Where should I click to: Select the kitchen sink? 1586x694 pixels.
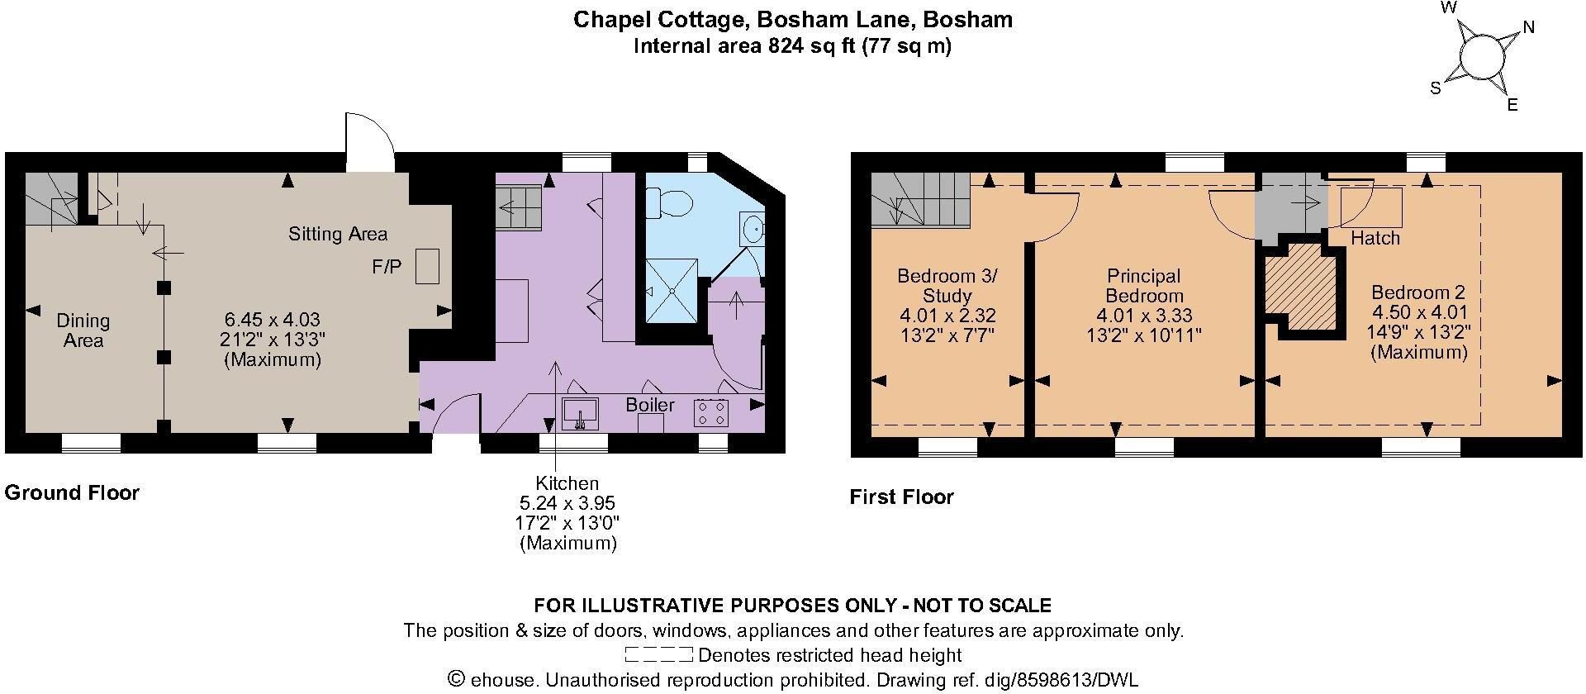[x=580, y=413]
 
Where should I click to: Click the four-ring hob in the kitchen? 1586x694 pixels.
[x=711, y=412]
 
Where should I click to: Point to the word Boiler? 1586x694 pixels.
[x=650, y=405]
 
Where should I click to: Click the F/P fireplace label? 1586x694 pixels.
[x=387, y=268]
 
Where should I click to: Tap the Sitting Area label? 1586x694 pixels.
[x=338, y=234]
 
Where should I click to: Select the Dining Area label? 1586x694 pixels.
[x=83, y=330]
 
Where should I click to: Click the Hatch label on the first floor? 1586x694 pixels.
[x=1375, y=238]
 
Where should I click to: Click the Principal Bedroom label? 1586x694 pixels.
[x=1144, y=286]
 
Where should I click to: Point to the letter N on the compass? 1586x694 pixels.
[x=1528, y=27]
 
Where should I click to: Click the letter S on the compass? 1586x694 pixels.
[x=1436, y=88]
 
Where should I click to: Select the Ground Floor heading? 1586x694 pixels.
[x=73, y=493]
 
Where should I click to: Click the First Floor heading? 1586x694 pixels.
[x=902, y=497]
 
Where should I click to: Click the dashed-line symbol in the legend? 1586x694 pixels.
[x=659, y=656]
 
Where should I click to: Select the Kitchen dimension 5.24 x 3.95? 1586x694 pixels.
[x=567, y=503]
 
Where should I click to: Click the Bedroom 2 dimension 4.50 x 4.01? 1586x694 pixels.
[x=1419, y=312]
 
